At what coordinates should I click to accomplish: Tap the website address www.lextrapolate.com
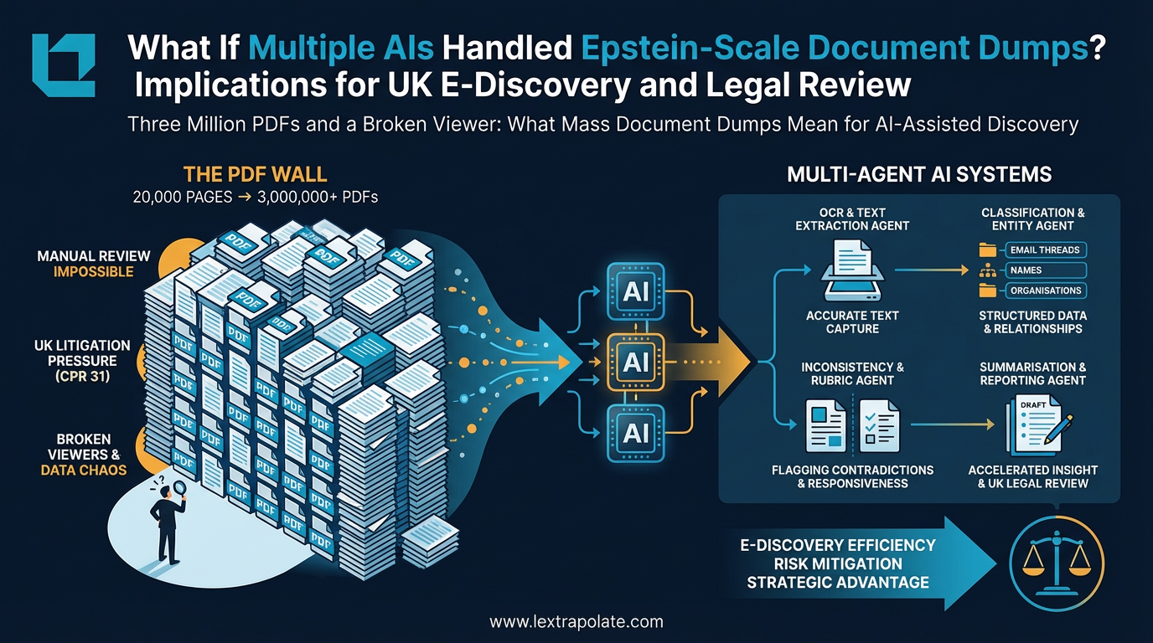576,622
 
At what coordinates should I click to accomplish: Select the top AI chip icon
636,291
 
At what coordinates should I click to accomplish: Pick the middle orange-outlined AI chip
636,362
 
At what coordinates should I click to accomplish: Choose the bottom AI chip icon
636,432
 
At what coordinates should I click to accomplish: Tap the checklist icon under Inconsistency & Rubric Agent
879,425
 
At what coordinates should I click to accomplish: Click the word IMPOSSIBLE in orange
94,271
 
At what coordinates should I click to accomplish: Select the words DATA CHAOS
84,470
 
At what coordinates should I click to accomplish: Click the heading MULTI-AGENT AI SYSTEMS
919,175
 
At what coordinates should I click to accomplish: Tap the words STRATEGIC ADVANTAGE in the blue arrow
838,582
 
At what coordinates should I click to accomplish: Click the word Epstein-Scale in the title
687,49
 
